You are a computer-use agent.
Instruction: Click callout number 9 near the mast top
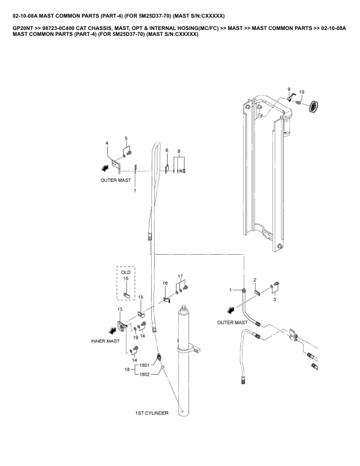(289, 89)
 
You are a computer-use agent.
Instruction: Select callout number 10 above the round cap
(302, 92)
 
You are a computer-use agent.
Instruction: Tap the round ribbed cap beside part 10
(313, 106)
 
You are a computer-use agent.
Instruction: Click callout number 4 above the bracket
(107, 143)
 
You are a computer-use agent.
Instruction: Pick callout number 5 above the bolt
(126, 138)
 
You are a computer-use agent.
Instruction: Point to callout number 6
(167, 151)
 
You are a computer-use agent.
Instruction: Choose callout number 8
(179, 151)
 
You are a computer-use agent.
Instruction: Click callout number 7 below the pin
(135, 191)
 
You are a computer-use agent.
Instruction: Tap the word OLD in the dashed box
(126, 272)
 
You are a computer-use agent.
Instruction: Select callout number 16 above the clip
(165, 283)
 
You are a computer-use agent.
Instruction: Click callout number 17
(181, 276)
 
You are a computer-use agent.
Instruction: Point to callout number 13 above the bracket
(119, 309)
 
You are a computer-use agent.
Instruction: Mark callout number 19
(135, 337)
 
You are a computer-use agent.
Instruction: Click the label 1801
(144, 365)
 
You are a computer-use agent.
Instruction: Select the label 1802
(144, 374)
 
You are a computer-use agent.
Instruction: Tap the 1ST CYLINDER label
(152, 413)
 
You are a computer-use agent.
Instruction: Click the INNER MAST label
(105, 341)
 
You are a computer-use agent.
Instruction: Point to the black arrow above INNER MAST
(112, 330)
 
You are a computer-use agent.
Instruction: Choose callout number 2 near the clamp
(255, 280)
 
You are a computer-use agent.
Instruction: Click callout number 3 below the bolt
(275, 299)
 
